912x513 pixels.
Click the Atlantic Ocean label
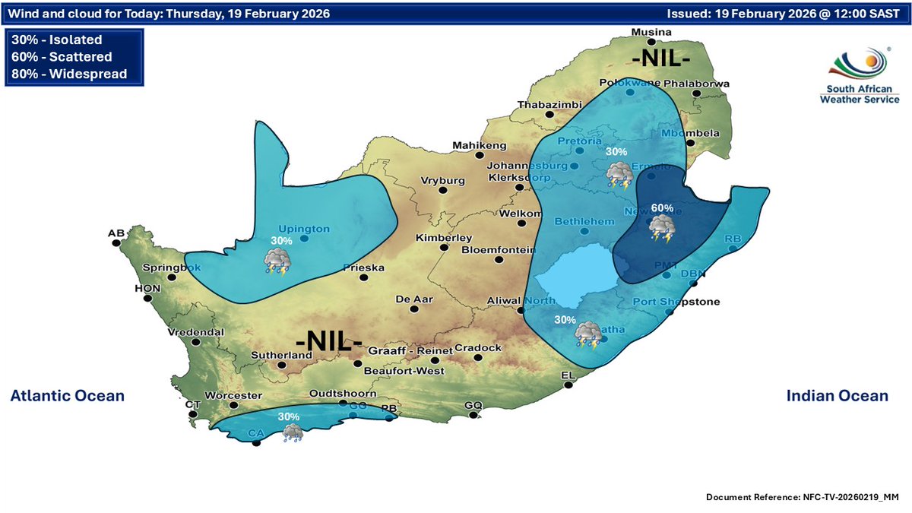[x=67, y=396]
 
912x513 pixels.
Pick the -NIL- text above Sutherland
[x=328, y=340]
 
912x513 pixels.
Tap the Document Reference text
[x=802, y=496]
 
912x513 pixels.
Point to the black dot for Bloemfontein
[x=499, y=260]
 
